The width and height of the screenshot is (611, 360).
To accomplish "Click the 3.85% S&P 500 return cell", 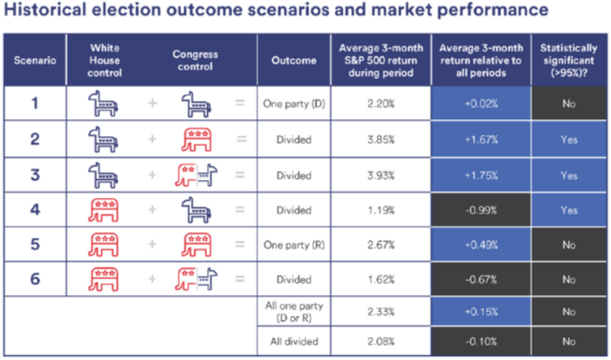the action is [380, 139].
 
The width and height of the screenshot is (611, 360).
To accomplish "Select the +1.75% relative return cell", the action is [481, 175].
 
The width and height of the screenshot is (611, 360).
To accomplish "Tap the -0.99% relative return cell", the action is [481, 210].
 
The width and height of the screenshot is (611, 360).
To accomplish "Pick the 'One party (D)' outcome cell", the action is [294, 103].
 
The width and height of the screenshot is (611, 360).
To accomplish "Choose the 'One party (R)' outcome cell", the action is [294, 244].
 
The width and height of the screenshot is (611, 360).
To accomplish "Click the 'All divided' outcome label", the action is [294, 341].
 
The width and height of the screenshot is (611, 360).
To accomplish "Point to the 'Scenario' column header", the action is [35, 60].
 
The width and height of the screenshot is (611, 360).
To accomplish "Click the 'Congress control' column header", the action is [196, 60].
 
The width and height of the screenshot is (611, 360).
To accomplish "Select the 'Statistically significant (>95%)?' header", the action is [569, 60].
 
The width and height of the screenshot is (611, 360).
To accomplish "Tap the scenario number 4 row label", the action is [35, 210].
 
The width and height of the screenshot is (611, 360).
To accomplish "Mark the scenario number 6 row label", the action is [35, 279].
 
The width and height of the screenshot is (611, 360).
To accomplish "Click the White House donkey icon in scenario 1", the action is [103, 103].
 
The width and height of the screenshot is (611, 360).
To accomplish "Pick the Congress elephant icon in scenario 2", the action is [196, 139].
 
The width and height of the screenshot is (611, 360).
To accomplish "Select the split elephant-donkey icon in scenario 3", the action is [196, 174].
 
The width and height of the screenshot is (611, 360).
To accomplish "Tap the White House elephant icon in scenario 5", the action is [103, 244].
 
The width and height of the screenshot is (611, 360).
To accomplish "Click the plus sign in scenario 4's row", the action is [152, 209].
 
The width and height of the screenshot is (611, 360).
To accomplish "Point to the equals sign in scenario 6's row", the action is [240, 279].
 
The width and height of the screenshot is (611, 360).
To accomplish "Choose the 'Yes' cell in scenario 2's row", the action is [569, 139].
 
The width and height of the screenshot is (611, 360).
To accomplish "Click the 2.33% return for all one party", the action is [380, 312].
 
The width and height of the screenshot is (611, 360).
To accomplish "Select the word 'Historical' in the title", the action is [45, 10].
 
